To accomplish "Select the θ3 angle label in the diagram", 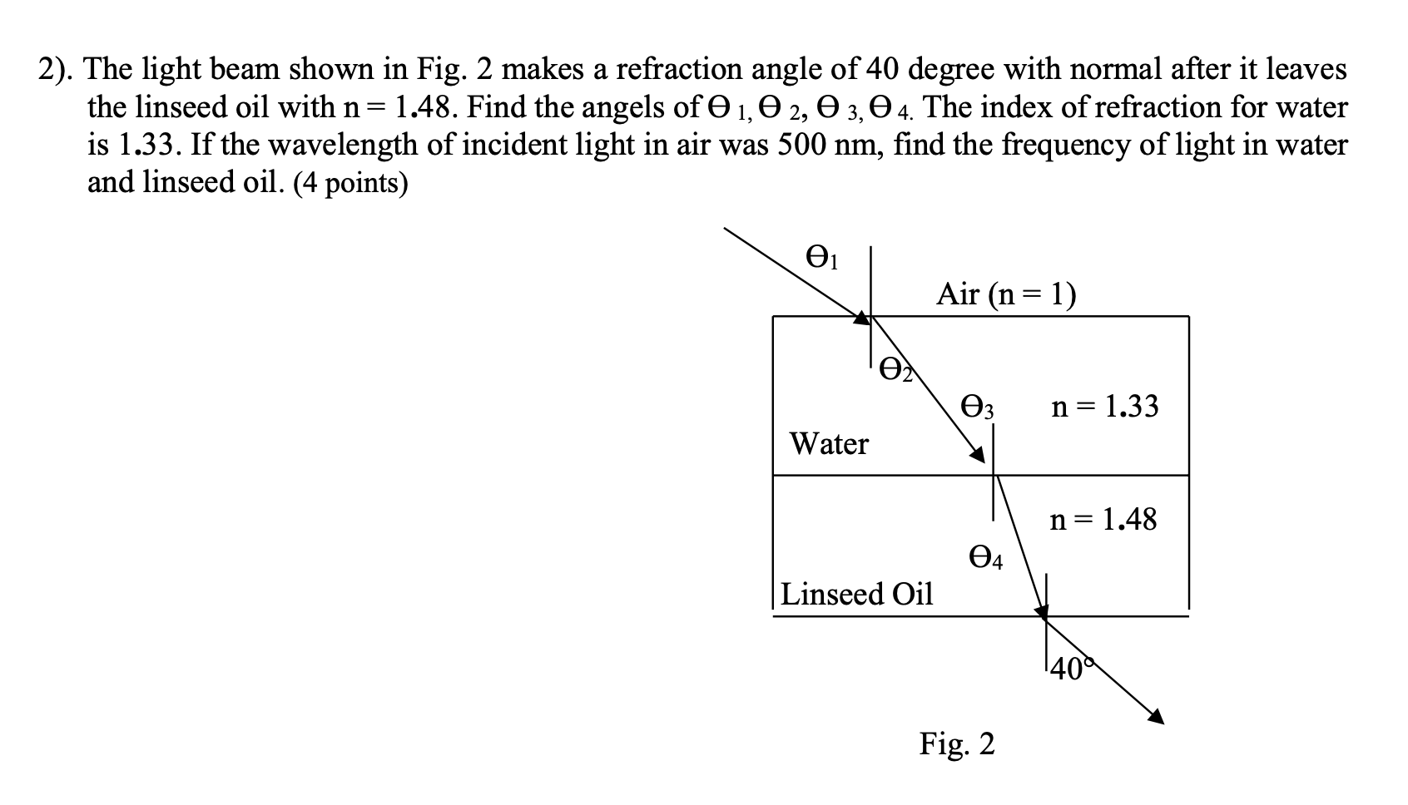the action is (979, 407).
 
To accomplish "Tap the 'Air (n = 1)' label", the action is (1005, 294).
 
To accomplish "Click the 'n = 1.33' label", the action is (1104, 407).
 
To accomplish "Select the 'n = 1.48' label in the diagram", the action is (1103, 520).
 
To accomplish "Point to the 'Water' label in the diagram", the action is (829, 443).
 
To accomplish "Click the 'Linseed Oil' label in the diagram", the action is (857, 594).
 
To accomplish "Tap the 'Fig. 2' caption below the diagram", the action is (956, 743).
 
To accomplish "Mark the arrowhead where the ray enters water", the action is (862, 317).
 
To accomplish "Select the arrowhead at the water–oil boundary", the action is (977, 454).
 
